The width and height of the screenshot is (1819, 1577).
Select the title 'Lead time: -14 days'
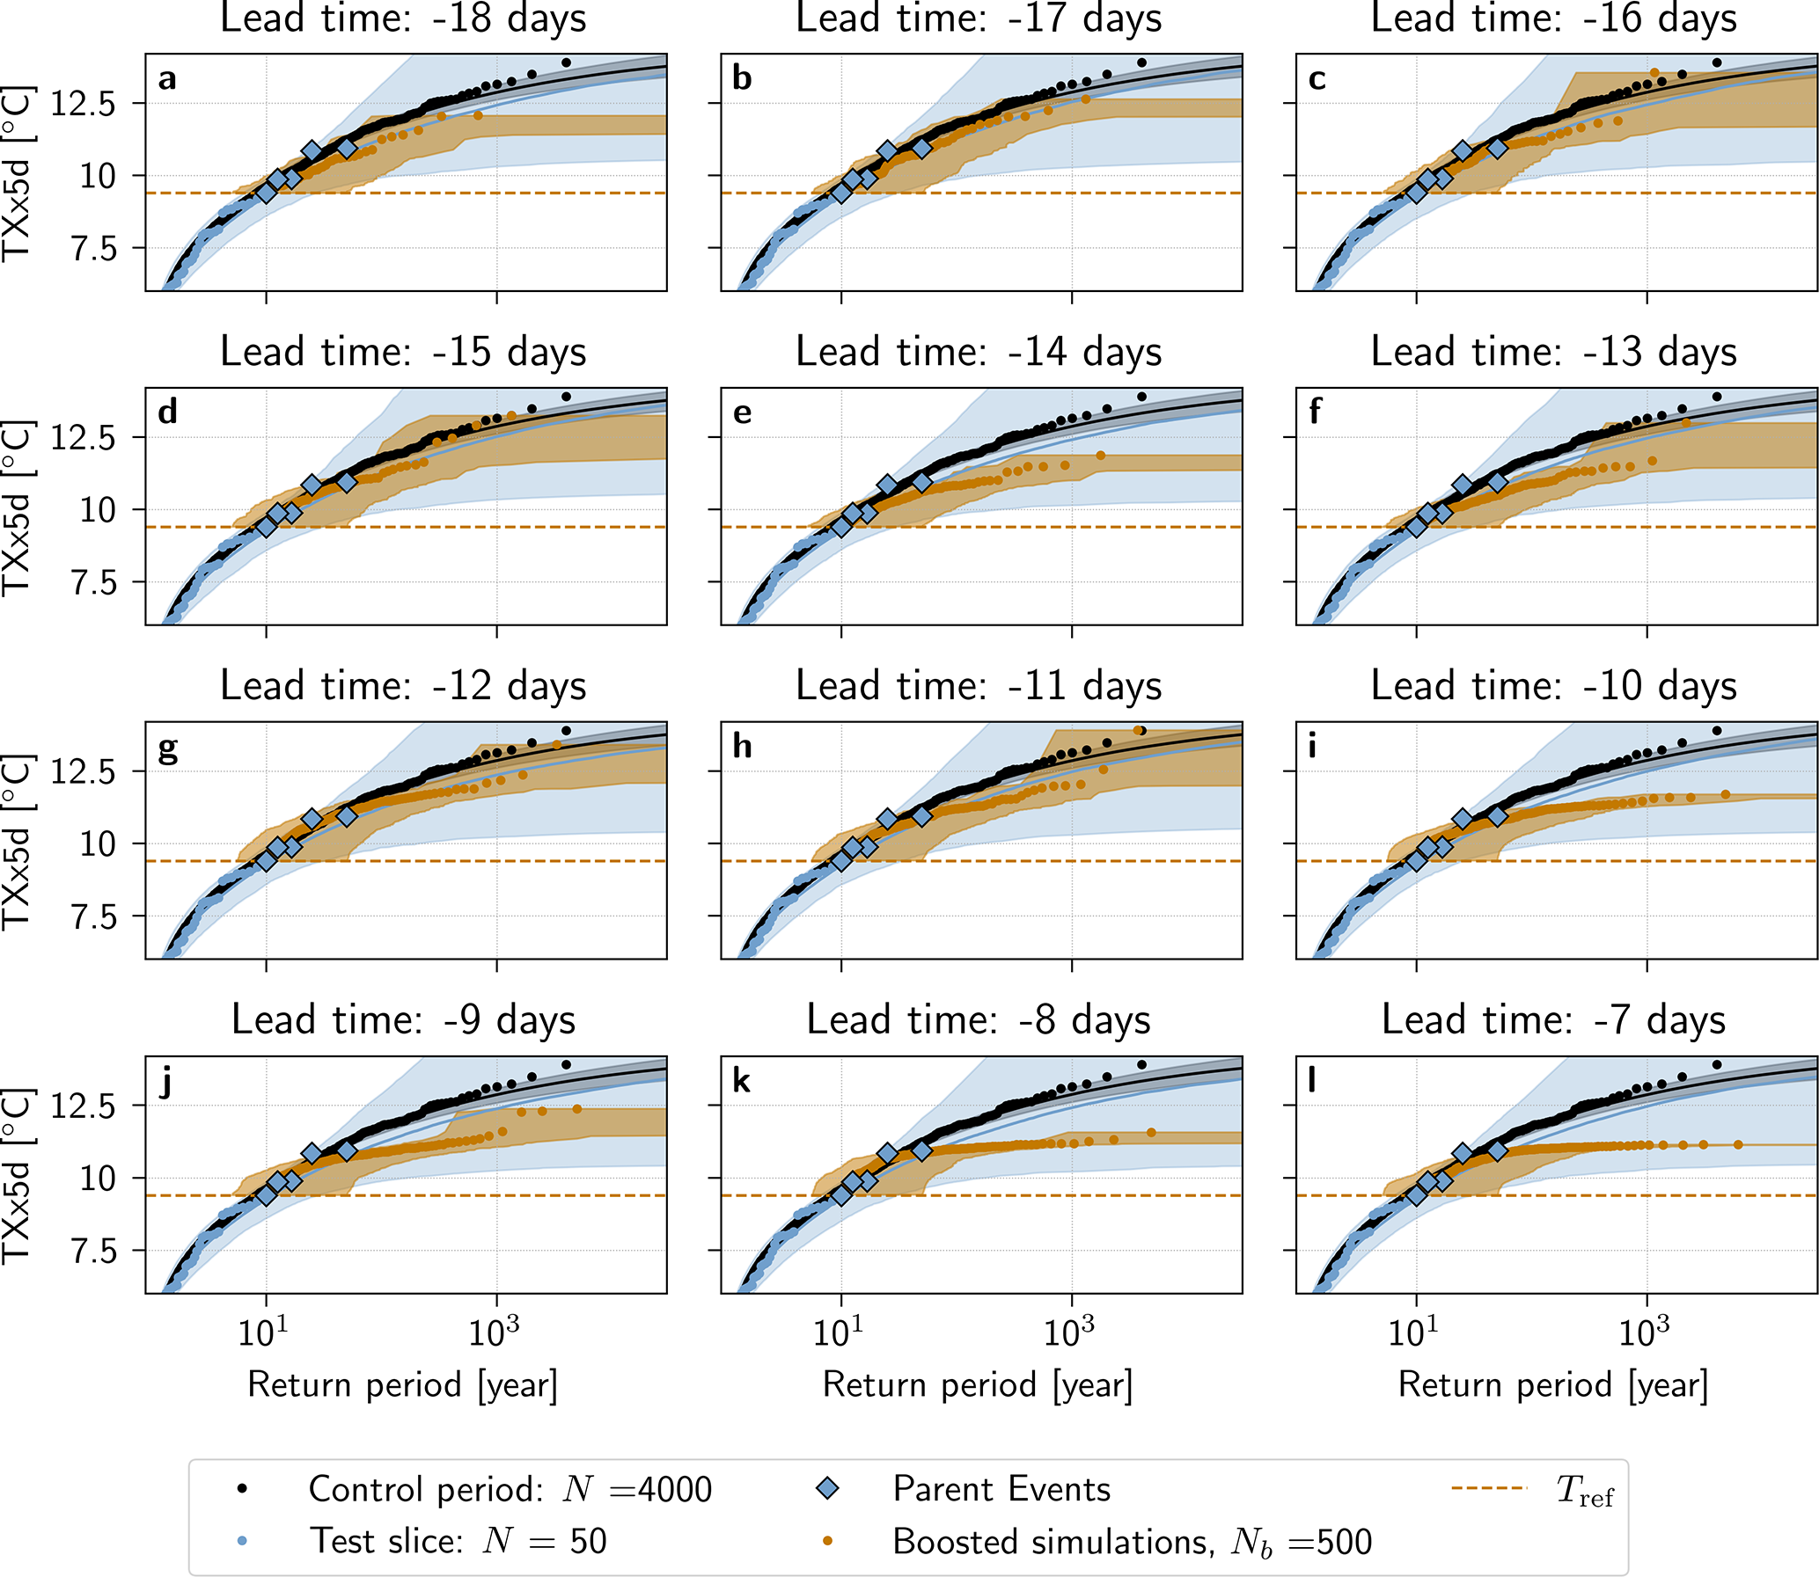[x=979, y=352]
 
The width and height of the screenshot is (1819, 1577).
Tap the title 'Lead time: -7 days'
[x=1553, y=1020]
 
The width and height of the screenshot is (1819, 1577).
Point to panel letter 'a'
[x=167, y=79]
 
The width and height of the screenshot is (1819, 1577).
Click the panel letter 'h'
[x=742, y=747]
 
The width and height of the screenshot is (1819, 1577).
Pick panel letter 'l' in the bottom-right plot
[x=1312, y=1080]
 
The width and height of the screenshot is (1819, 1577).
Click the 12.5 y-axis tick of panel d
[x=83, y=437]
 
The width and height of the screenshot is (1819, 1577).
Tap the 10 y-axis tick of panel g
[x=97, y=844]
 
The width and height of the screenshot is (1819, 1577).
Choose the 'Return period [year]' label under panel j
[x=403, y=1384]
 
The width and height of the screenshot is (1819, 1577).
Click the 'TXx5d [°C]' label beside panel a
[x=18, y=174]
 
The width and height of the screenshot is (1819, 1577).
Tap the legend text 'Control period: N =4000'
[x=510, y=1489]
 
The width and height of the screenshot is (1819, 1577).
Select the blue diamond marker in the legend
[x=827, y=1488]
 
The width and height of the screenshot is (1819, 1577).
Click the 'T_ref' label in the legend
[x=1585, y=1490]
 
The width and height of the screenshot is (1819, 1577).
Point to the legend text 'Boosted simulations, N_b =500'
[x=1132, y=1541]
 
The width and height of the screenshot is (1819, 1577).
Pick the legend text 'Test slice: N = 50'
[x=458, y=1541]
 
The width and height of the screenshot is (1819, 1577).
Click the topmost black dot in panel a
[x=566, y=62]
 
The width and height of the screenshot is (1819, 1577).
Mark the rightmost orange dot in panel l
[x=1738, y=1145]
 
